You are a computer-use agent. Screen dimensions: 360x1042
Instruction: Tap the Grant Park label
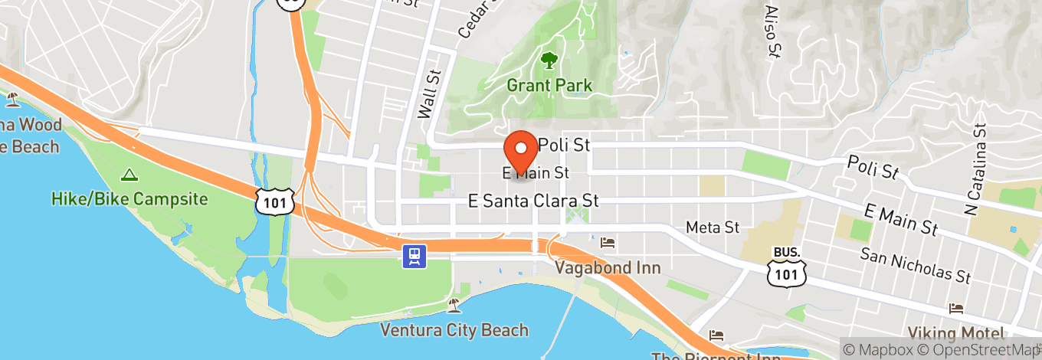coord(549,85)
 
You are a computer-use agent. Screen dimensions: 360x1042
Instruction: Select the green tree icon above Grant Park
coord(549,60)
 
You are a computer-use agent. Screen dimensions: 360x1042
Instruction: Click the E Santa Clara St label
coord(533,201)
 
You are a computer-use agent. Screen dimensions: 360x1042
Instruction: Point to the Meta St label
coord(713,227)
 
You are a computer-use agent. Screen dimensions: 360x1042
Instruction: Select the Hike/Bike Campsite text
coord(129,199)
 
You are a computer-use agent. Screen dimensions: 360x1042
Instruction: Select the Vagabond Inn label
coord(608,268)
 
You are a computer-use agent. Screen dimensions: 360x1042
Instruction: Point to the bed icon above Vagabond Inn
coord(608,243)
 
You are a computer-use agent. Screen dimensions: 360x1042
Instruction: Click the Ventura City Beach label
coord(455,331)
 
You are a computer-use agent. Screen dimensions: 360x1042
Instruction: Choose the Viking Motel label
coord(955,333)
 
